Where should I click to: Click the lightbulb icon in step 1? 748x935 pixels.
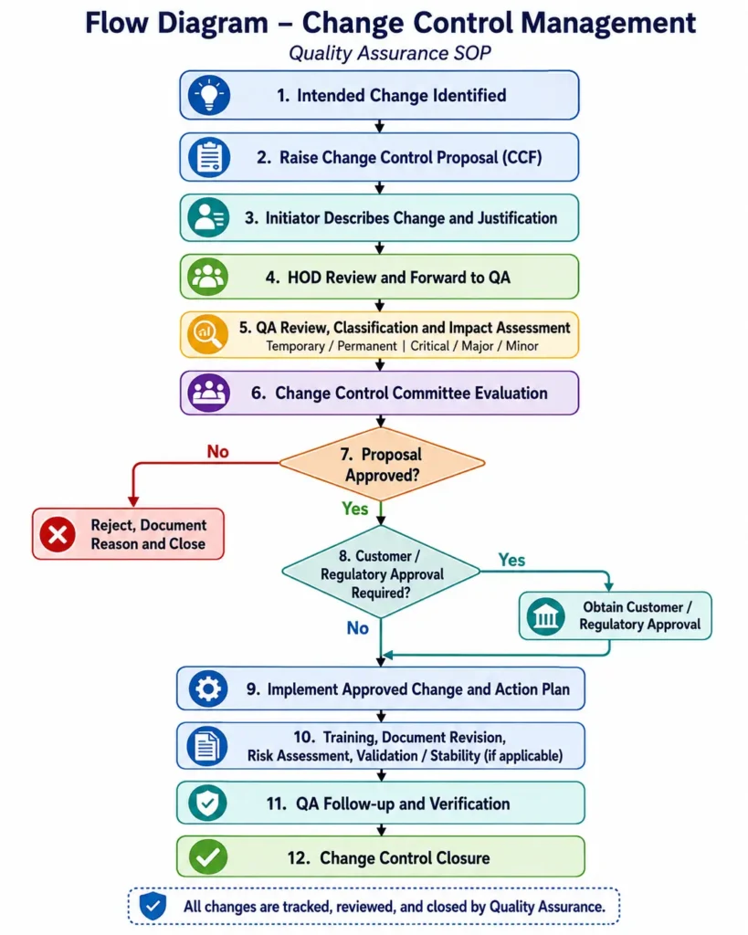point(209,95)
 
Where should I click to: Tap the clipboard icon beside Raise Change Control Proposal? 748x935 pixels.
point(209,157)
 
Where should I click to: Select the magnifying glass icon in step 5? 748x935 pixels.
point(207,334)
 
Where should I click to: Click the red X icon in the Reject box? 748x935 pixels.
point(58,533)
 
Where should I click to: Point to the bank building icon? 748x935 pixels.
point(546,616)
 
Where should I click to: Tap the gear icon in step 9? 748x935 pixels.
point(208,688)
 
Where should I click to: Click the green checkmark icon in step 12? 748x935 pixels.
point(208,856)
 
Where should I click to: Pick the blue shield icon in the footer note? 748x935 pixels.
point(153,907)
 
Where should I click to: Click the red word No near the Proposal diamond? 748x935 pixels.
point(217,451)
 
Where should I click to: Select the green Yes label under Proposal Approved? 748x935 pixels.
point(355,509)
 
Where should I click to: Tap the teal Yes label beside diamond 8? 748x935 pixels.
point(511,560)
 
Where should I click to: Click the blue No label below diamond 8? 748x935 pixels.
point(358,628)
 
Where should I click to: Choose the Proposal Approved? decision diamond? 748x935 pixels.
point(382,464)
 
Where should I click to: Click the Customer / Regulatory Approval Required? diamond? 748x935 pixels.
point(381,573)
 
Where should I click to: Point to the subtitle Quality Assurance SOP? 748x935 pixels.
point(389,53)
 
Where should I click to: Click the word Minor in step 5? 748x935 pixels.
point(521,346)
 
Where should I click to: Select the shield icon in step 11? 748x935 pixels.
point(207,803)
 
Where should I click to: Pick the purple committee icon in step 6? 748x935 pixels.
point(208,393)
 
